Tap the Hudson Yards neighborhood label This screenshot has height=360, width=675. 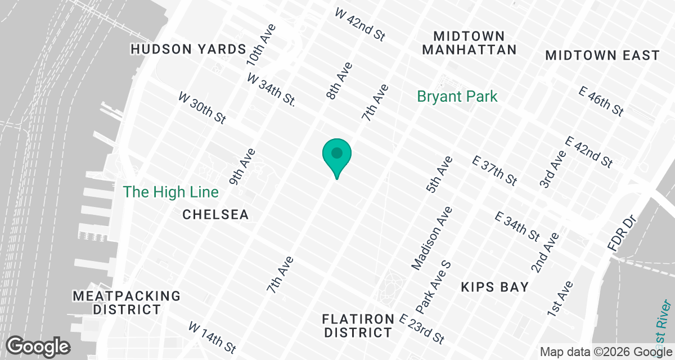click(188, 49)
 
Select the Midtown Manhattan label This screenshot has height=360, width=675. click(469, 43)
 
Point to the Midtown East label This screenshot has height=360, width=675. click(602, 56)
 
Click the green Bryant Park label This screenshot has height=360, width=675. click(457, 97)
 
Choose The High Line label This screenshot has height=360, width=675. click(170, 192)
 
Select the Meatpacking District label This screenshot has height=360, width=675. click(127, 303)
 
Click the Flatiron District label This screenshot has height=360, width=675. click(358, 326)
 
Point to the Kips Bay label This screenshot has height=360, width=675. click(494, 287)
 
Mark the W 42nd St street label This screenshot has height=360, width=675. click(360, 24)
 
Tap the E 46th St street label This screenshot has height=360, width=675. click(601, 102)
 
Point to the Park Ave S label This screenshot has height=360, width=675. click(434, 287)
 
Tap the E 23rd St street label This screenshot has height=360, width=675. click(421, 329)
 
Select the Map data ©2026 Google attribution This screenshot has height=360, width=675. click(605, 352)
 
